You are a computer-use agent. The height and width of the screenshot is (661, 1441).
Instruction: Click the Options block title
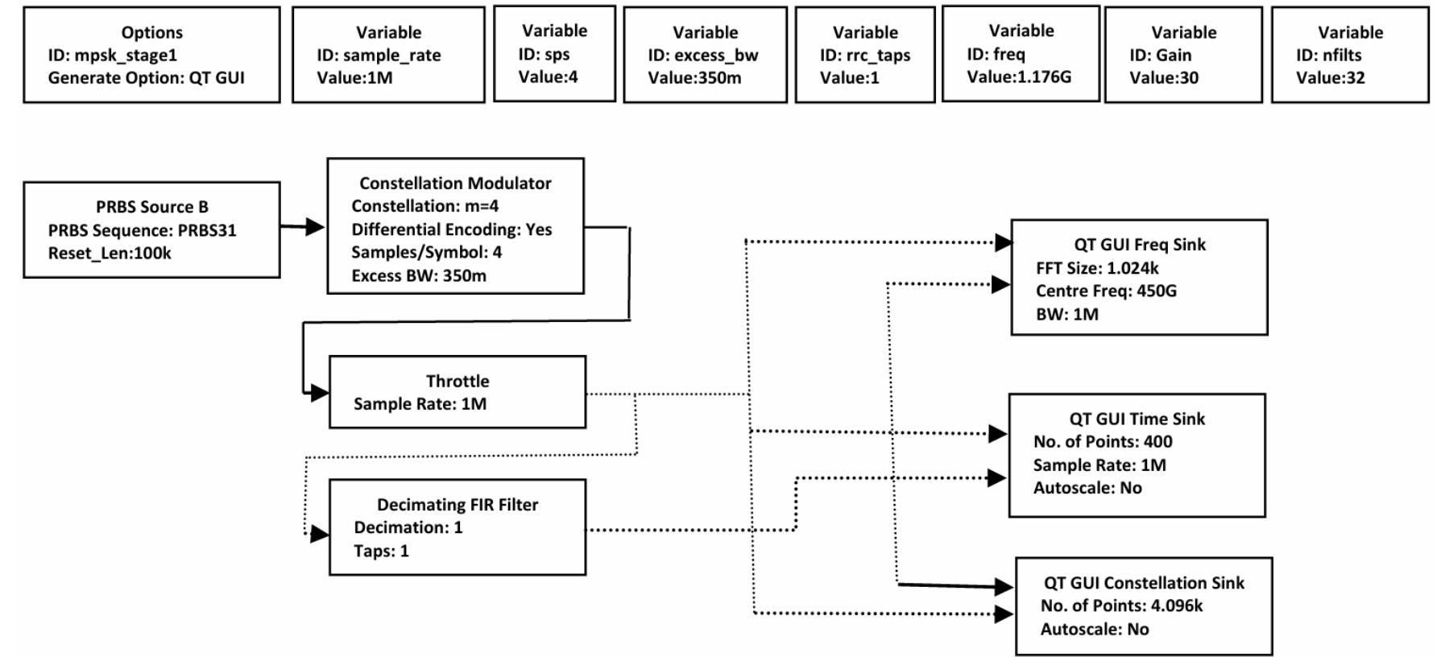click(151, 32)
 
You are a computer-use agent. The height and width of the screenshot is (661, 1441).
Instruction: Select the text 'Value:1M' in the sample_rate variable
click(354, 78)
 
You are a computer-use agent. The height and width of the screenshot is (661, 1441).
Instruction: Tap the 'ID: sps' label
click(544, 54)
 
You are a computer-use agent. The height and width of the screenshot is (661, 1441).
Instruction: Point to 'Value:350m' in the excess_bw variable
click(694, 78)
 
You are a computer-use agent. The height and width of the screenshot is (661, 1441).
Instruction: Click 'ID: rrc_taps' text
click(865, 56)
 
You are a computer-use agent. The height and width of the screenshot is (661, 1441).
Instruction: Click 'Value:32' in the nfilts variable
click(1330, 78)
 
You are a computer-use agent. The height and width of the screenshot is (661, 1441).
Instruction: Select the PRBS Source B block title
click(151, 207)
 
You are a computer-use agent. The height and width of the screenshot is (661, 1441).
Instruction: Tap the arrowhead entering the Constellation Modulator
click(315, 227)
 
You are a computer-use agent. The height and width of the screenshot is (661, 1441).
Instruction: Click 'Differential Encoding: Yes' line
click(451, 229)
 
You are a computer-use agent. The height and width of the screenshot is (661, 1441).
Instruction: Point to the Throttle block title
click(457, 381)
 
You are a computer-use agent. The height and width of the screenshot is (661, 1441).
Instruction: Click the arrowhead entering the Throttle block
click(320, 393)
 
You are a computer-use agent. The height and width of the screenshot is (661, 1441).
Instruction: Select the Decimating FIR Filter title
click(457, 505)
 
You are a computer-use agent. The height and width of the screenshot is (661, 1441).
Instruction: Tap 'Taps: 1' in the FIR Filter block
click(381, 552)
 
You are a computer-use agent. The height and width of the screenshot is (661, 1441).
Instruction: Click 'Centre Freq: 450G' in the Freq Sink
click(1105, 291)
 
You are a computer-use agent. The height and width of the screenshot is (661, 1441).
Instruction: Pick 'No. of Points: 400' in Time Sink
click(1102, 441)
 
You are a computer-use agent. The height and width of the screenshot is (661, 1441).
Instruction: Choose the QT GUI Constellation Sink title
click(1144, 583)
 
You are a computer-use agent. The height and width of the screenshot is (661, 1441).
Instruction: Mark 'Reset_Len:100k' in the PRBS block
click(110, 254)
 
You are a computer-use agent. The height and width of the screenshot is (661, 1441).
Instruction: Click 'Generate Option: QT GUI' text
click(146, 78)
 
